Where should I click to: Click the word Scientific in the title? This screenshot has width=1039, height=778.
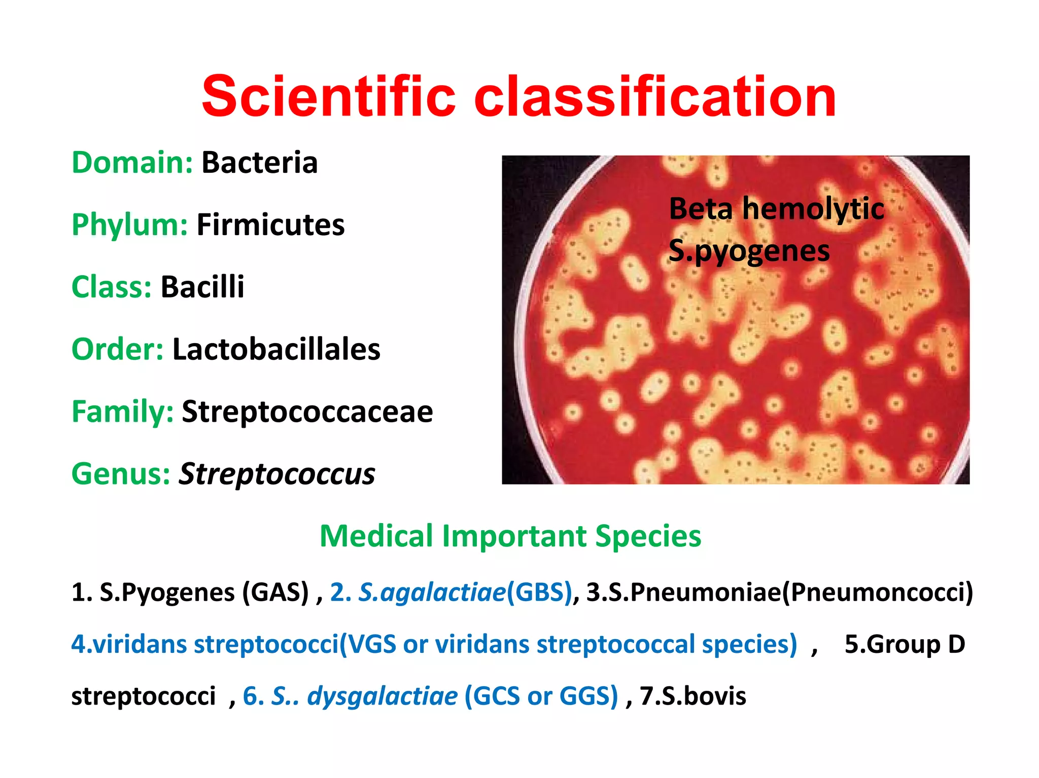coord(329,96)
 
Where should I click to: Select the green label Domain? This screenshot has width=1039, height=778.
coord(132,163)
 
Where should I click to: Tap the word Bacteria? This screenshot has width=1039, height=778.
coord(260,163)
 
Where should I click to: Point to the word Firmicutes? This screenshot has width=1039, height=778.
coord(270,225)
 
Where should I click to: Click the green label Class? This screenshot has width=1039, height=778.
coord(112,287)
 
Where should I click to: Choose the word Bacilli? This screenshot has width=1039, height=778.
coord(202,287)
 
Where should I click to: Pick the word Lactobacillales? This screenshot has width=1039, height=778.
coord(276,349)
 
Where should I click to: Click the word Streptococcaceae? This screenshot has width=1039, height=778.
coord(307,412)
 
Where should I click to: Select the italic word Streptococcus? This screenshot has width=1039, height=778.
coord(276,474)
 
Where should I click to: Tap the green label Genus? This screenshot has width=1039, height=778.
coord(121,474)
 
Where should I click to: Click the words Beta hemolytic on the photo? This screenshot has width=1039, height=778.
coord(776,208)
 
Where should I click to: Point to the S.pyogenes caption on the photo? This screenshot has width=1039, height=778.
coord(749,250)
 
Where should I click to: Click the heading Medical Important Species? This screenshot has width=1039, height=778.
coord(510,536)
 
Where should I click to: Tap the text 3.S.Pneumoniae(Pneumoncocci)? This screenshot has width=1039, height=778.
coord(780,592)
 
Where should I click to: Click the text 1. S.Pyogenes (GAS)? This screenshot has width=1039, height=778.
coord(190,592)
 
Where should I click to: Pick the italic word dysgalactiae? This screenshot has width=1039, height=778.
coord(383,695)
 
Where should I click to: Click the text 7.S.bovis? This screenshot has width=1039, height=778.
coord(692,695)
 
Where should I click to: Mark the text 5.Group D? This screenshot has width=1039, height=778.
coord(905,644)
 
